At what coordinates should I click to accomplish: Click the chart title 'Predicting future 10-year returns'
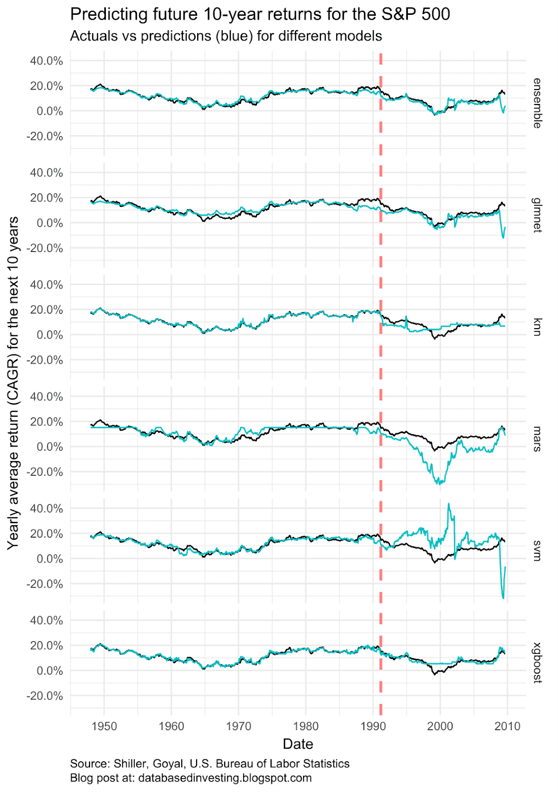point(260,14)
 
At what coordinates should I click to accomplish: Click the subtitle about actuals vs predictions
point(226,36)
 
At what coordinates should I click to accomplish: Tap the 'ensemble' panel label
point(537,103)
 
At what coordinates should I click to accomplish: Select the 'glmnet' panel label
point(537,215)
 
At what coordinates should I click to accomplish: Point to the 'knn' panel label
point(537,327)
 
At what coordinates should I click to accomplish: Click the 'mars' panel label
point(537,439)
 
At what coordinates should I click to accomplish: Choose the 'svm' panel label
point(537,550)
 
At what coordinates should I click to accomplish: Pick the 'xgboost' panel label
point(537,662)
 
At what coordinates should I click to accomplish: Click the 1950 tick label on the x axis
point(104,726)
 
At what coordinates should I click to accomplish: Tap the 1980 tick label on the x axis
point(306,726)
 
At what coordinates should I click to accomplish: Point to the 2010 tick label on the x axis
point(507,726)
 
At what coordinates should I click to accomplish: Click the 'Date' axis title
point(298,744)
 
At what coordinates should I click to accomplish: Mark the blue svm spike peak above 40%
point(449,504)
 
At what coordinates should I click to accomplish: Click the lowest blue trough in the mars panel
point(439,484)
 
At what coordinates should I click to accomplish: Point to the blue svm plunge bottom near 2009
point(503,598)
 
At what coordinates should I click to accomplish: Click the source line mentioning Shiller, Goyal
point(210,763)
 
